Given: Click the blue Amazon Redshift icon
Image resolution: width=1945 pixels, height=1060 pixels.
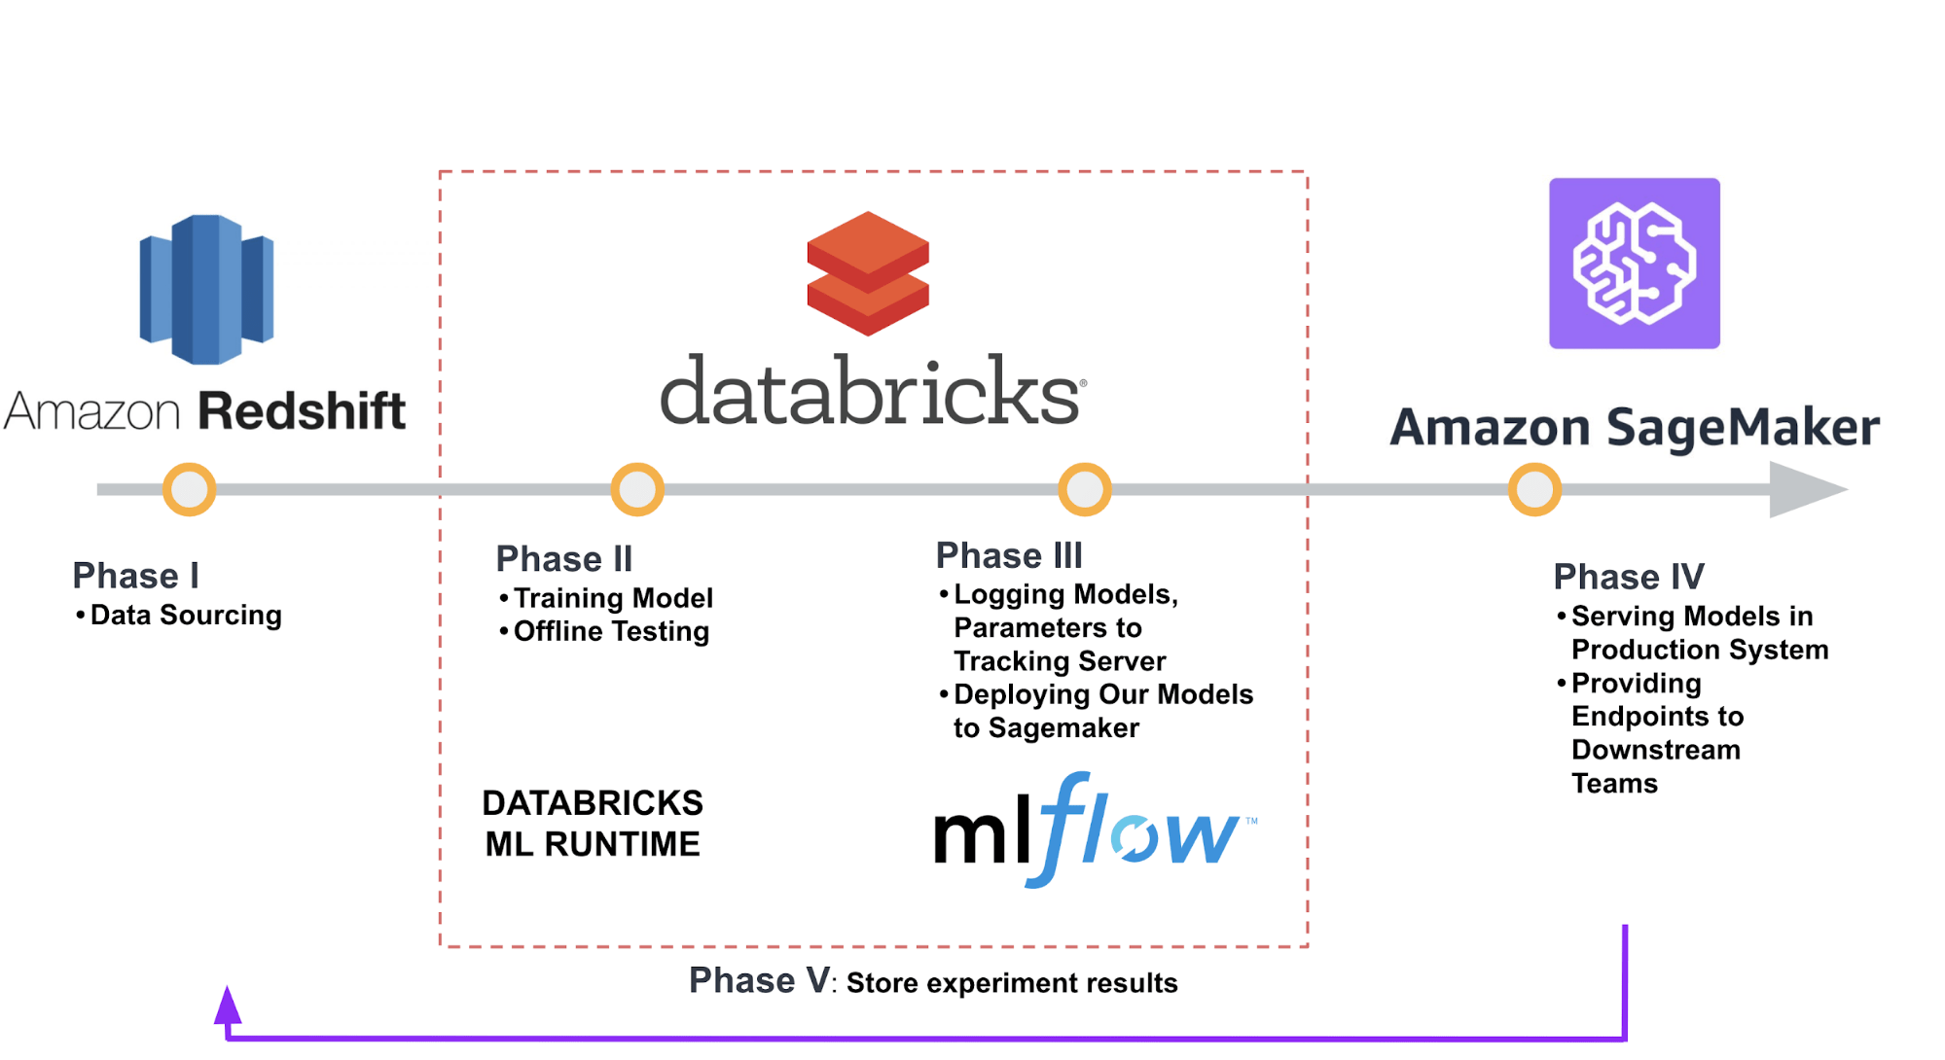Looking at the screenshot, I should point(206,290).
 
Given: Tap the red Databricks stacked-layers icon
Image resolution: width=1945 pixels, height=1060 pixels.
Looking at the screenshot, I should point(868,273).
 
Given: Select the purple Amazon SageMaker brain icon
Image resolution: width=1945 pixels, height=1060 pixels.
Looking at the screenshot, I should point(1634,264).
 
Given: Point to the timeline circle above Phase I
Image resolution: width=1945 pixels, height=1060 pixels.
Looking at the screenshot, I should point(189,489).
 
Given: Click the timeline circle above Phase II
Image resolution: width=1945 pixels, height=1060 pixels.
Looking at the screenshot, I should point(637,489).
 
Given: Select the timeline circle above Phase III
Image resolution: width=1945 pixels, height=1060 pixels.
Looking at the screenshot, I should point(1084,489).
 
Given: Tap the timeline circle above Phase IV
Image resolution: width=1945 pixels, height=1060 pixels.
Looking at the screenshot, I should point(1534,489).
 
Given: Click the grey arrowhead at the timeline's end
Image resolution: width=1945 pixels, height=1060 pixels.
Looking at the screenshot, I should point(1805,489).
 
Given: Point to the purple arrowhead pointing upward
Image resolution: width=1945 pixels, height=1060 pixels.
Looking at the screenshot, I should point(228,1007).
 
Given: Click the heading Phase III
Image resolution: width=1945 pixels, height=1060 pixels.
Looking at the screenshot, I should point(1009,555).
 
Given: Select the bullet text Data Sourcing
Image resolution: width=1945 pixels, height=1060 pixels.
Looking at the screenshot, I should point(185,615).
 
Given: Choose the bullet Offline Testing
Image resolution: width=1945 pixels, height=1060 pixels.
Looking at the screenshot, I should point(610,631).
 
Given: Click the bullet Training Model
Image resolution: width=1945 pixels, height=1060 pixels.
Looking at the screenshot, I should point(612,597).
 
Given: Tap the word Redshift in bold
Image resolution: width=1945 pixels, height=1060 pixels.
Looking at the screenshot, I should point(302,410).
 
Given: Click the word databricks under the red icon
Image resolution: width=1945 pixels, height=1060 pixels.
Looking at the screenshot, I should point(871,391).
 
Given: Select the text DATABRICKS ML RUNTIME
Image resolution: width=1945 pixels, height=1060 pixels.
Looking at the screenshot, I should point(593,823).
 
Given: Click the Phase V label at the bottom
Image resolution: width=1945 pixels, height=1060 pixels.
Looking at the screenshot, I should point(759,980).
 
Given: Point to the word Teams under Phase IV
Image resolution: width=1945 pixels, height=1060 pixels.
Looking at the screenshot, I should point(1614,783).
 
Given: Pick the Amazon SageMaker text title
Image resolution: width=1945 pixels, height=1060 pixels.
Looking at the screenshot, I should point(1635,427).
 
